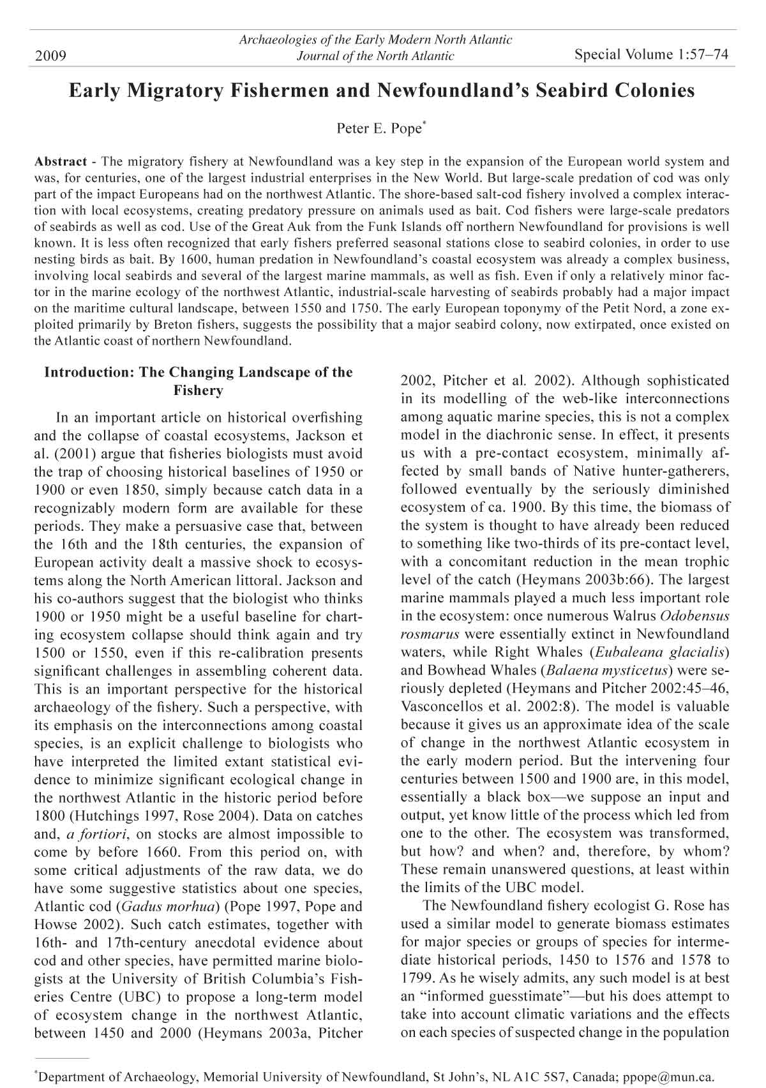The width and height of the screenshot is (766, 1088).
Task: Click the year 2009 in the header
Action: click(x=51, y=57)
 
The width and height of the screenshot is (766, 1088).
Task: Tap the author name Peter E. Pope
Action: click(x=379, y=129)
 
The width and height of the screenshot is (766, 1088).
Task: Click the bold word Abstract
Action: click(x=61, y=161)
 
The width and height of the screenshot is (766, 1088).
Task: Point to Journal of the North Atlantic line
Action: click(x=375, y=56)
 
